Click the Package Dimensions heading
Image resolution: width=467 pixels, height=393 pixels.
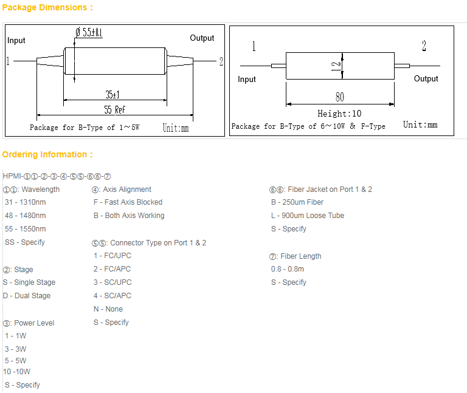click(x=47, y=7)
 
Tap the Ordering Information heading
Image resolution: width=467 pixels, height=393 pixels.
click(x=47, y=154)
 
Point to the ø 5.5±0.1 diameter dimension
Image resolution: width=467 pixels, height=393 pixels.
click(x=89, y=32)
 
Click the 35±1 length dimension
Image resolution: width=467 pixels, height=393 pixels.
click(x=112, y=95)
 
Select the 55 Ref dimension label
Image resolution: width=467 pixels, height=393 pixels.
click(x=115, y=110)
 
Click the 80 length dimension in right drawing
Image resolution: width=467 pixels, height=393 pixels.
click(x=340, y=97)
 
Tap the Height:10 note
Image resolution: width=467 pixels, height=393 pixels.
click(x=339, y=114)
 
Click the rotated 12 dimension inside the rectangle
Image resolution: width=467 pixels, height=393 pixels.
click(x=336, y=66)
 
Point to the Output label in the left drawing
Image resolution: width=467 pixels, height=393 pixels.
click(x=202, y=38)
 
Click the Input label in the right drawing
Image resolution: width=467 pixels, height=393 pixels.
click(x=247, y=80)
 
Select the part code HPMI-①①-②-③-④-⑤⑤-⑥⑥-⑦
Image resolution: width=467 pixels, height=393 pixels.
click(x=57, y=176)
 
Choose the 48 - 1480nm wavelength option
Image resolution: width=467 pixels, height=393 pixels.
click(x=26, y=216)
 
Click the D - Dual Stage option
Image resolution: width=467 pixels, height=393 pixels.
click(x=27, y=296)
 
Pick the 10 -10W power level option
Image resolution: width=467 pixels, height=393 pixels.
click(x=16, y=372)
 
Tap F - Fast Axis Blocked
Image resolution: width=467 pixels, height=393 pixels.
click(x=128, y=202)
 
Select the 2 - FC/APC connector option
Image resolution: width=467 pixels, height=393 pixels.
click(x=112, y=269)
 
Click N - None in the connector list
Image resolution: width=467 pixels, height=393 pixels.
click(x=108, y=309)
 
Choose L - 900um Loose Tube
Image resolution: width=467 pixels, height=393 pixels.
click(x=308, y=216)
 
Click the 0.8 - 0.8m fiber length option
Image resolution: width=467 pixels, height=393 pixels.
click(x=288, y=269)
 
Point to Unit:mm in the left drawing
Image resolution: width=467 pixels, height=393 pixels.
click(x=176, y=128)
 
